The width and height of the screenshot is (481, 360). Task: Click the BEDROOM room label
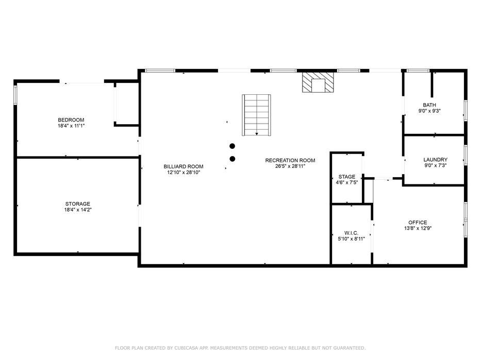(71, 120)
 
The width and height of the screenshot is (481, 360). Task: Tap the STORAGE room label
(78, 204)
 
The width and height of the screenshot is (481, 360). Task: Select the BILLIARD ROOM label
(184, 166)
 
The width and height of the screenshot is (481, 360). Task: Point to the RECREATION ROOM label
(290, 160)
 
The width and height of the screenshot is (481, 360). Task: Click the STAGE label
(347, 177)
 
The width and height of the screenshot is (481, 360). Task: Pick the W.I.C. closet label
(351, 233)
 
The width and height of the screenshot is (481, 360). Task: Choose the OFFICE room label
(418, 222)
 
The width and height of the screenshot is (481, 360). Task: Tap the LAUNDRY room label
(435, 160)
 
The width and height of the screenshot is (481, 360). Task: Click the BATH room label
(429, 105)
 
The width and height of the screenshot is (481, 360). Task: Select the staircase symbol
(256, 115)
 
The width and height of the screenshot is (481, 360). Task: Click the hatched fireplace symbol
(318, 82)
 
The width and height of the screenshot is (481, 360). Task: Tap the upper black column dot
(233, 146)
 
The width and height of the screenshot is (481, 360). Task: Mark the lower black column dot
(233, 159)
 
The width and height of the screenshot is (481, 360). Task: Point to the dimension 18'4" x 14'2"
(78, 210)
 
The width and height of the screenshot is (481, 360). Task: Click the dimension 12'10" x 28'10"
(184, 173)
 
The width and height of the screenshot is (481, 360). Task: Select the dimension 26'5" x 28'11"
(290, 166)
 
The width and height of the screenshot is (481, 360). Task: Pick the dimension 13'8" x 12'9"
(418, 228)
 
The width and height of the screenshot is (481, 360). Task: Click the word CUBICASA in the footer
(187, 348)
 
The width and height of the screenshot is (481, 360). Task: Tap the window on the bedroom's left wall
(15, 95)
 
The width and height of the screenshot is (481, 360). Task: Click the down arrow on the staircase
(257, 134)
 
